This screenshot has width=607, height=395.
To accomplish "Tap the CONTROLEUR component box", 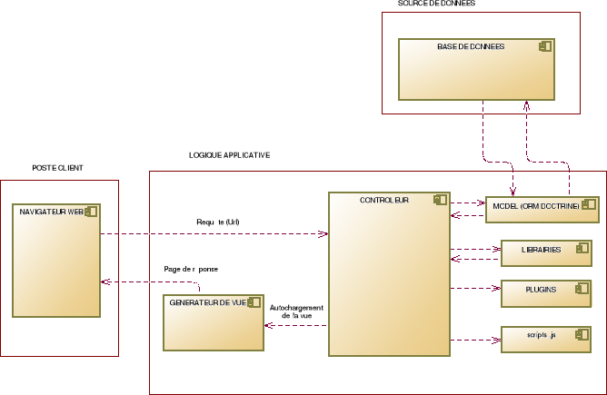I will point(389,272).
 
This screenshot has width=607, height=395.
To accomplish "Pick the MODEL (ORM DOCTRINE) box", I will point(542,210).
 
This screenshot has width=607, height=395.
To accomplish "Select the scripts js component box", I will point(540,338).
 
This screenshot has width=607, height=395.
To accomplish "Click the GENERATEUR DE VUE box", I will point(213,322).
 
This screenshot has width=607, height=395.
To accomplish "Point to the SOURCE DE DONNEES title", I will point(436,5).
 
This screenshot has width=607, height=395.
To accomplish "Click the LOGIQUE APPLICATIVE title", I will point(229,155).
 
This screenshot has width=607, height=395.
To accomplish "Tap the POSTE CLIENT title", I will point(58,168).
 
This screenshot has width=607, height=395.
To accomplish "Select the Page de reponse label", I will point(191,270).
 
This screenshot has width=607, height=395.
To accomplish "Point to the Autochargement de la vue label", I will point(297,311).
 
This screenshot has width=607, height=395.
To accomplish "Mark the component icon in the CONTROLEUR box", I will point(440,200).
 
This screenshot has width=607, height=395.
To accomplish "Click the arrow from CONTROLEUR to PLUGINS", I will point(475,289).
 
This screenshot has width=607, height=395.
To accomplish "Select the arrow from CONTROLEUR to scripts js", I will point(475,341).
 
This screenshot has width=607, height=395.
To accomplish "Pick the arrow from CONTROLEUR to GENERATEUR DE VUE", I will point(296,324).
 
